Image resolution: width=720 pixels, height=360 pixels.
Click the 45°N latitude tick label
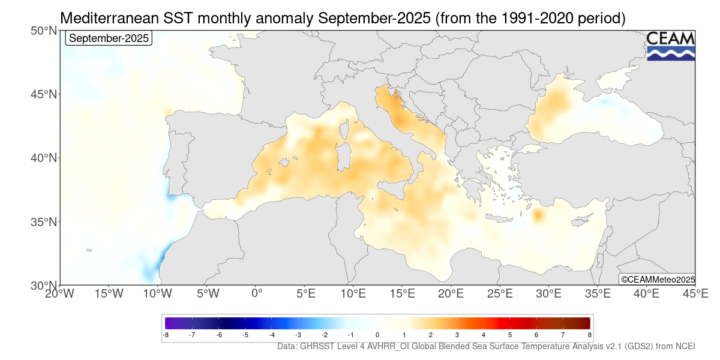(44, 95)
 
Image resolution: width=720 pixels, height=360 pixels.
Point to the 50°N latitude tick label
(44, 31)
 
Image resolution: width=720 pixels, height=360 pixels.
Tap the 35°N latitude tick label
(44, 222)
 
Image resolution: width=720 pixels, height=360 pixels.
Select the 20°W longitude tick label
(59, 294)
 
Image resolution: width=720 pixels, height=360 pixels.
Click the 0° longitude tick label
(257, 294)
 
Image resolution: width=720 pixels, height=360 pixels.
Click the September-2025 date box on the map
(109, 38)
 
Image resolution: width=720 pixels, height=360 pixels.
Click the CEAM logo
(671, 46)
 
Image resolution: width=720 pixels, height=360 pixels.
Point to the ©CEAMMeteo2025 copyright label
(657, 280)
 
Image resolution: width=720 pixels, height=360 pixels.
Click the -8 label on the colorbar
(166, 335)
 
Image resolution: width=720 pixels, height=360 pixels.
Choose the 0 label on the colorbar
(377, 335)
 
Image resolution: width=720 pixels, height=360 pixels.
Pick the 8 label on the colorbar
(589, 335)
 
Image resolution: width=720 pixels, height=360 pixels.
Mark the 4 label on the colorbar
(484, 335)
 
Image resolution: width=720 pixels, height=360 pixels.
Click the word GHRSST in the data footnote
(321, 347)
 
